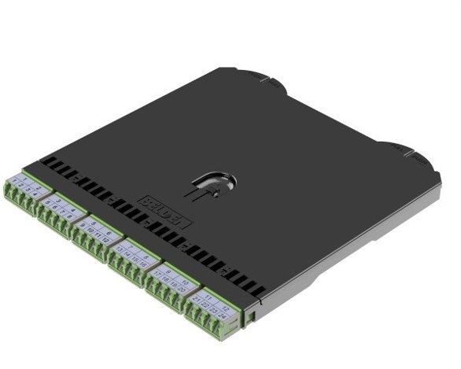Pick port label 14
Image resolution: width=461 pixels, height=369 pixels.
click(x=126, y=253)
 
